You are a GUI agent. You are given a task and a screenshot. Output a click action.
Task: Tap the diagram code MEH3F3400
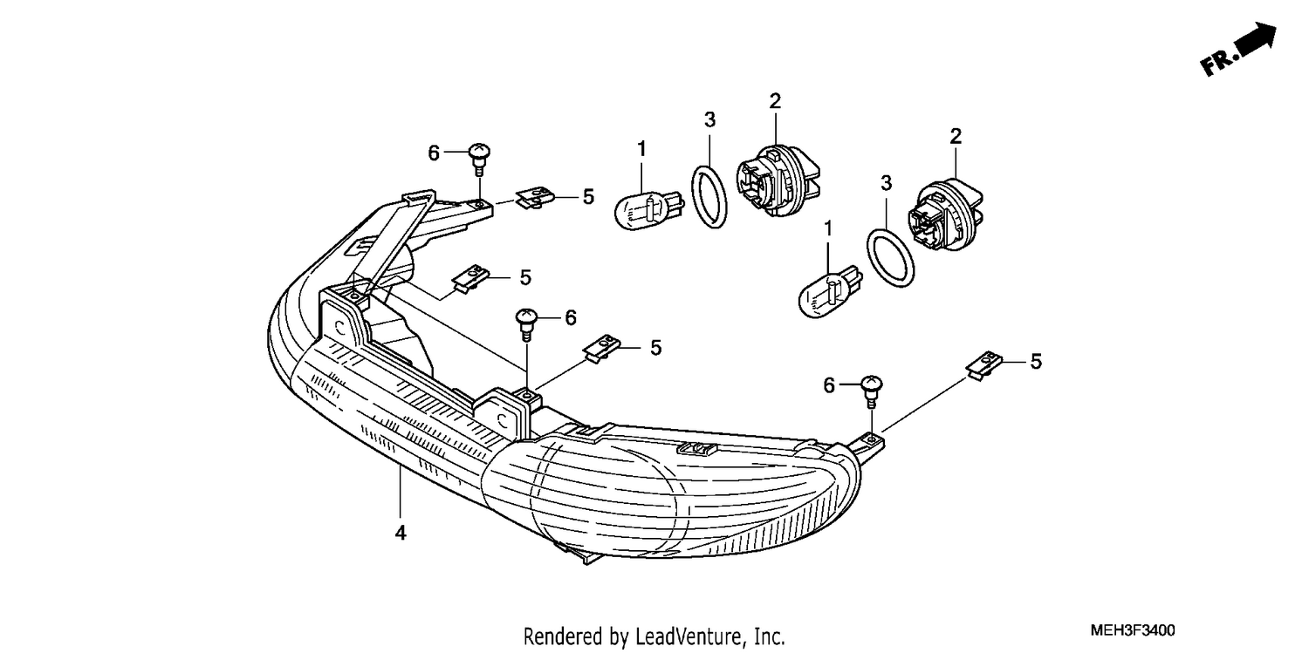[x=1133, y=631]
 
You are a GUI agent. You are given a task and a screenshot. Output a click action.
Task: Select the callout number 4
[x=401, y=533]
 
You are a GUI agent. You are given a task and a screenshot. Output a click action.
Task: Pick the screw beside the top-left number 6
[x=479, y=158]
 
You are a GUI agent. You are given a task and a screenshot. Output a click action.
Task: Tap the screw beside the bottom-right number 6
[x=871, y=391]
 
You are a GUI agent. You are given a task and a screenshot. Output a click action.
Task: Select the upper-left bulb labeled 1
[x=649, y=211]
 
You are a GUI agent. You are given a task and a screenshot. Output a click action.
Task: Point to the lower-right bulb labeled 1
[x=831, y=292]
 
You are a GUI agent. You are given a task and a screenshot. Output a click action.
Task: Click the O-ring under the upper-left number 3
[x=709, y=197]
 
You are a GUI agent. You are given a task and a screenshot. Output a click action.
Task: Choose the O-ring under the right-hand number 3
[x=890, y=259]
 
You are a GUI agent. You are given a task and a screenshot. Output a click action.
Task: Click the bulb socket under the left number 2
[x=778, y=180]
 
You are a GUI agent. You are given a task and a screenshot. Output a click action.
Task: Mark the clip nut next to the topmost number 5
[x=535, y=198]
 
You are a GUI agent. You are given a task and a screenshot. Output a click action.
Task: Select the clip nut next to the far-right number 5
[x=984, y=365]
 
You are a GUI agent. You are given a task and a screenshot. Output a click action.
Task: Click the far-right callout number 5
[x=1036, y=362]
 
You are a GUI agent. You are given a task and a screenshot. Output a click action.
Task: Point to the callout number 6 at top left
[x=434, y=153]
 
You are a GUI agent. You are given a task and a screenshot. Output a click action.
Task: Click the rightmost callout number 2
[x=956, y=137]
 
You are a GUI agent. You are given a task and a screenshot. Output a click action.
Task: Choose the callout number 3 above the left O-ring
[x=709, y=120]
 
